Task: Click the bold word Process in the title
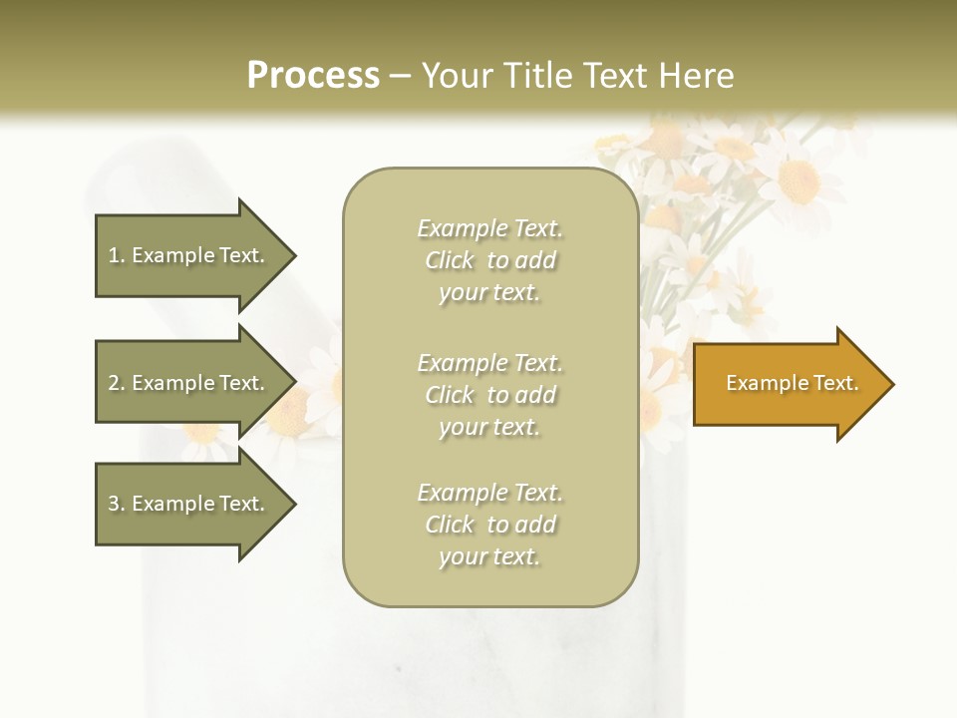tap(313, 76)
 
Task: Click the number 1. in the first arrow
tap(116, 255)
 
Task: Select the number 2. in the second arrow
tap(116, 383)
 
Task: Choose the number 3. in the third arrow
tap(116, 504)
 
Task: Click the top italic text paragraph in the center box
tap(489, 260)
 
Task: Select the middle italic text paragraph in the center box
tap(489, 395)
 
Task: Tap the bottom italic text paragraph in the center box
tap(489, 525)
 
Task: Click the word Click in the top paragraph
tap(450, 260)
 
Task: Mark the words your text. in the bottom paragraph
tap(489, 556)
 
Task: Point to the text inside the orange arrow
tap(792, 383)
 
